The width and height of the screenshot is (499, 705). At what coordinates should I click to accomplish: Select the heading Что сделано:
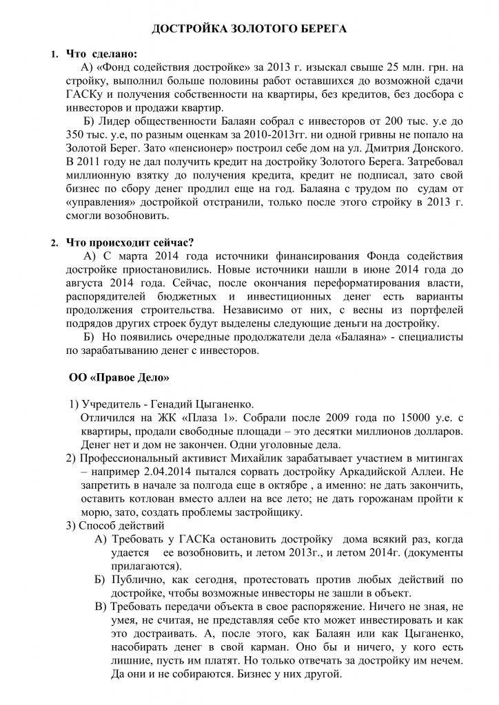[x=101, y=54]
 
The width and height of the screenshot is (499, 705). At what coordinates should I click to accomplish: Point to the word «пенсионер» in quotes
[x=183, y=149]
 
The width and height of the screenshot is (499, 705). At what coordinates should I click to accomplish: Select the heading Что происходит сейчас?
[x=129, y=242]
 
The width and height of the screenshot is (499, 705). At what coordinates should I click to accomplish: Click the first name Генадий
[x=183, y=403]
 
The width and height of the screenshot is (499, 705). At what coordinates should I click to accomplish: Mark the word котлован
[x=149, y=498]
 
